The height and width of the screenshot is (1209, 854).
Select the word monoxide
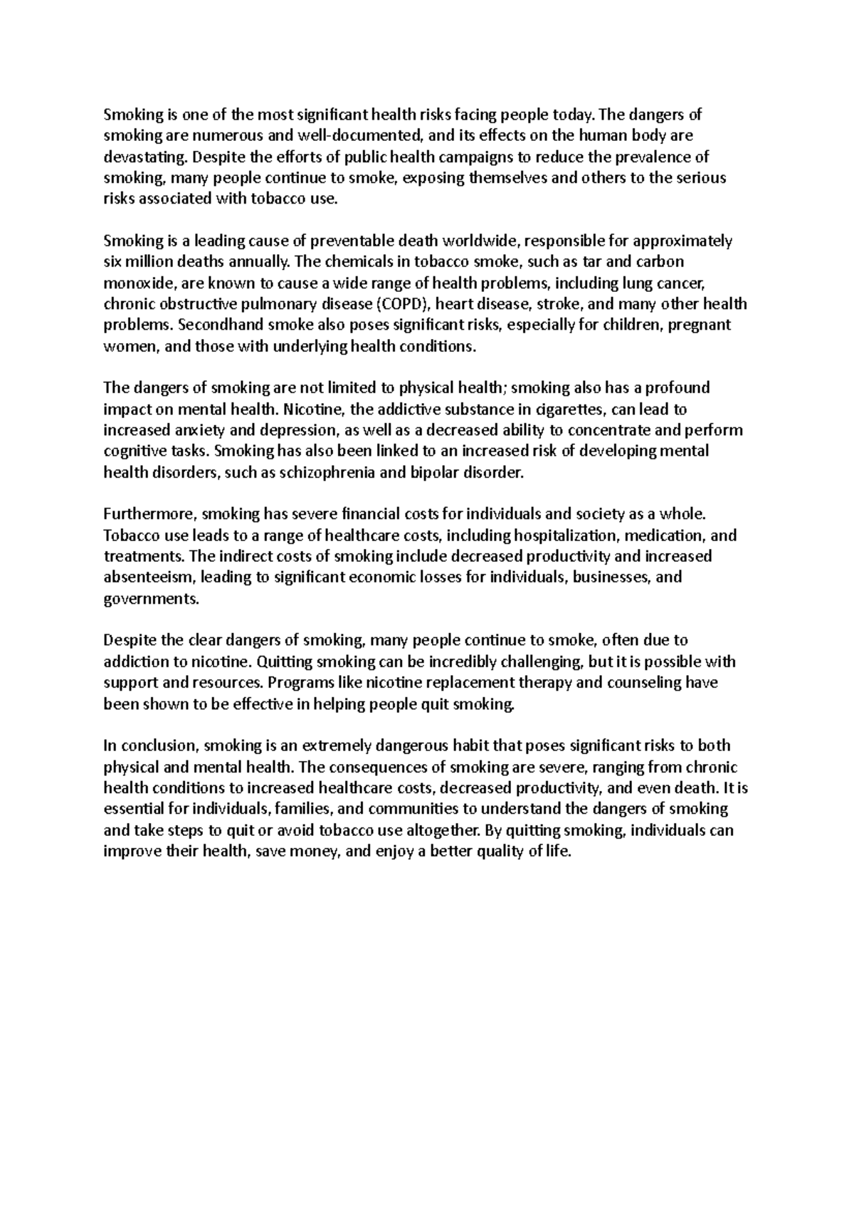click(x=137, y=283)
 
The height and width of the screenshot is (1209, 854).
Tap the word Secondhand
click(x=214, y=325)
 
